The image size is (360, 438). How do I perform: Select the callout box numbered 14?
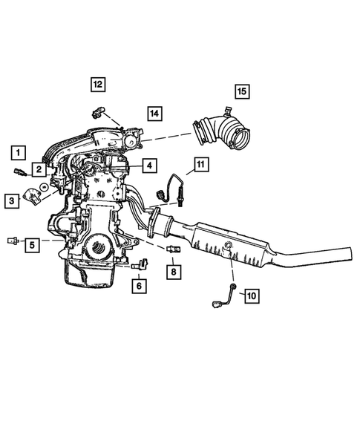pyautogui.click(x=153, y=114)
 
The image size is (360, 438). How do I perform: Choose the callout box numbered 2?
pyautogui.click(x=36, y=170)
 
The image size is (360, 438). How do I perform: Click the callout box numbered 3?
pyautogui.click(x=11, y=200)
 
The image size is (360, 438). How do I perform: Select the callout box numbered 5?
pyautogui.click(x=32, y=243)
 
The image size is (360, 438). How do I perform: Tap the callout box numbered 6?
pyautogui.click(x=140, y=284)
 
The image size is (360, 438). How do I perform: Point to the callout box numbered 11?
pyautogui.click(x=201, y=164)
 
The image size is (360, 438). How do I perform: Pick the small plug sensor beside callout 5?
pyautogui.click(x=11, y=241)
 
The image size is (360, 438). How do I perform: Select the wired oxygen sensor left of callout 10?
pyautogui.click(x=226, y=297)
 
